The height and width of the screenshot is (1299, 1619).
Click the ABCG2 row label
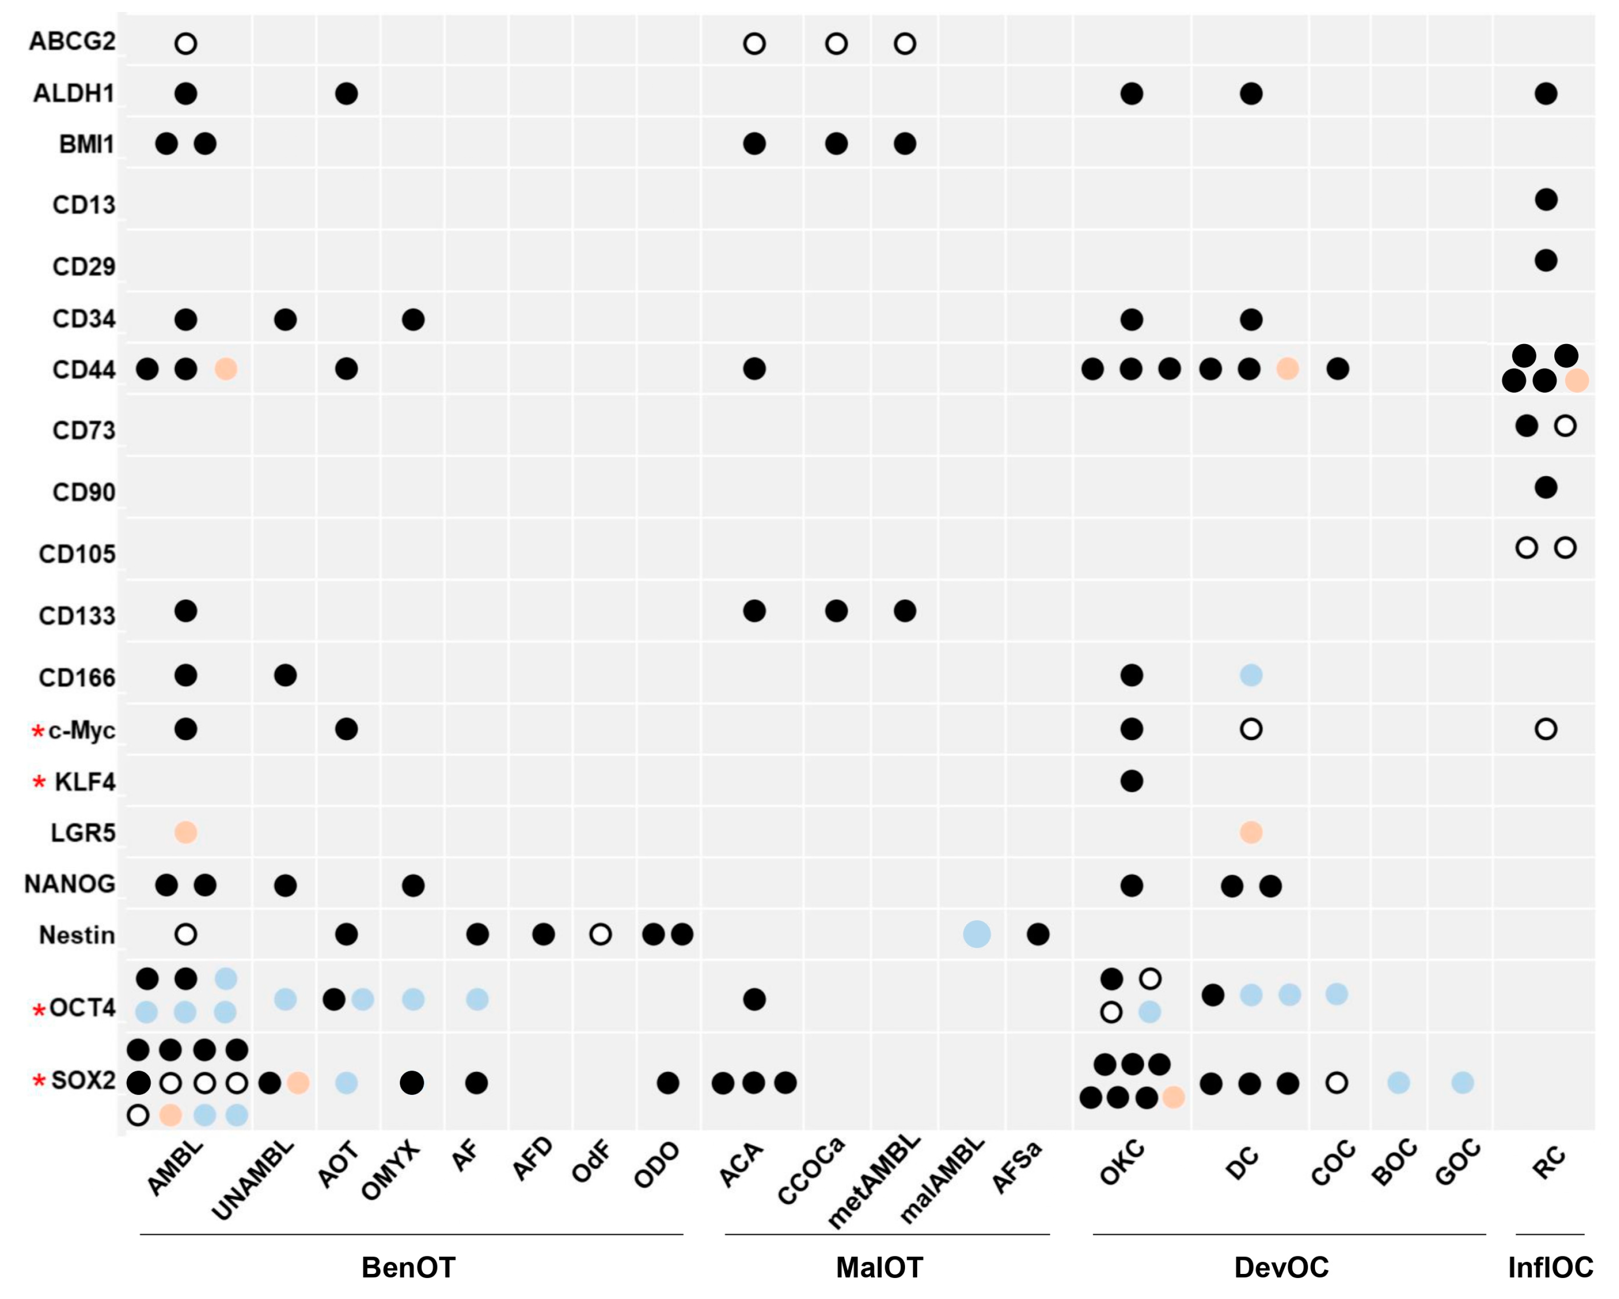tap(72, 41)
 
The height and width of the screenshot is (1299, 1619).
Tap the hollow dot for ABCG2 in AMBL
tap(186, 44)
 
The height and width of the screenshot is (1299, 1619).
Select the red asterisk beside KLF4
tap(39, 783)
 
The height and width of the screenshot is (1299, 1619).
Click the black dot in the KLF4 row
tap(1132, 781)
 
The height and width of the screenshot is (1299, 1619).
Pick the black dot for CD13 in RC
tap(1545, 200)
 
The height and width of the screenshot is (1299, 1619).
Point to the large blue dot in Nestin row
tap(976, 934)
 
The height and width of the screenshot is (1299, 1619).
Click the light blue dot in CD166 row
tap(1250, 675)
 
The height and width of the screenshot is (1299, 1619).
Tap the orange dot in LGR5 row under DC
tap(1250, 832)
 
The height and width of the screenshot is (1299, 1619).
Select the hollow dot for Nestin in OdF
tap(600, 934)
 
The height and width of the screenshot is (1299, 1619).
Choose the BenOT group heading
tap(408, 1267)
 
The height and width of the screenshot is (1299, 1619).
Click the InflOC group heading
tap(1550, 1267)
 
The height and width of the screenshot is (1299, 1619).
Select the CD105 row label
tap(77, 554)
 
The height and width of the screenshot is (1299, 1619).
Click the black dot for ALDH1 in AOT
tap(346, 94)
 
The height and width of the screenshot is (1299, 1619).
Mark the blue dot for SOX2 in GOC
tap(1462, 1083)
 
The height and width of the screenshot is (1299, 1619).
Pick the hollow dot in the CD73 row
tap(1565, 426)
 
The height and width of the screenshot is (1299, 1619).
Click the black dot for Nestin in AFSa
tap(1038, 934)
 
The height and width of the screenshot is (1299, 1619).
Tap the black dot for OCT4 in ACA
tap(754, 1000)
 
